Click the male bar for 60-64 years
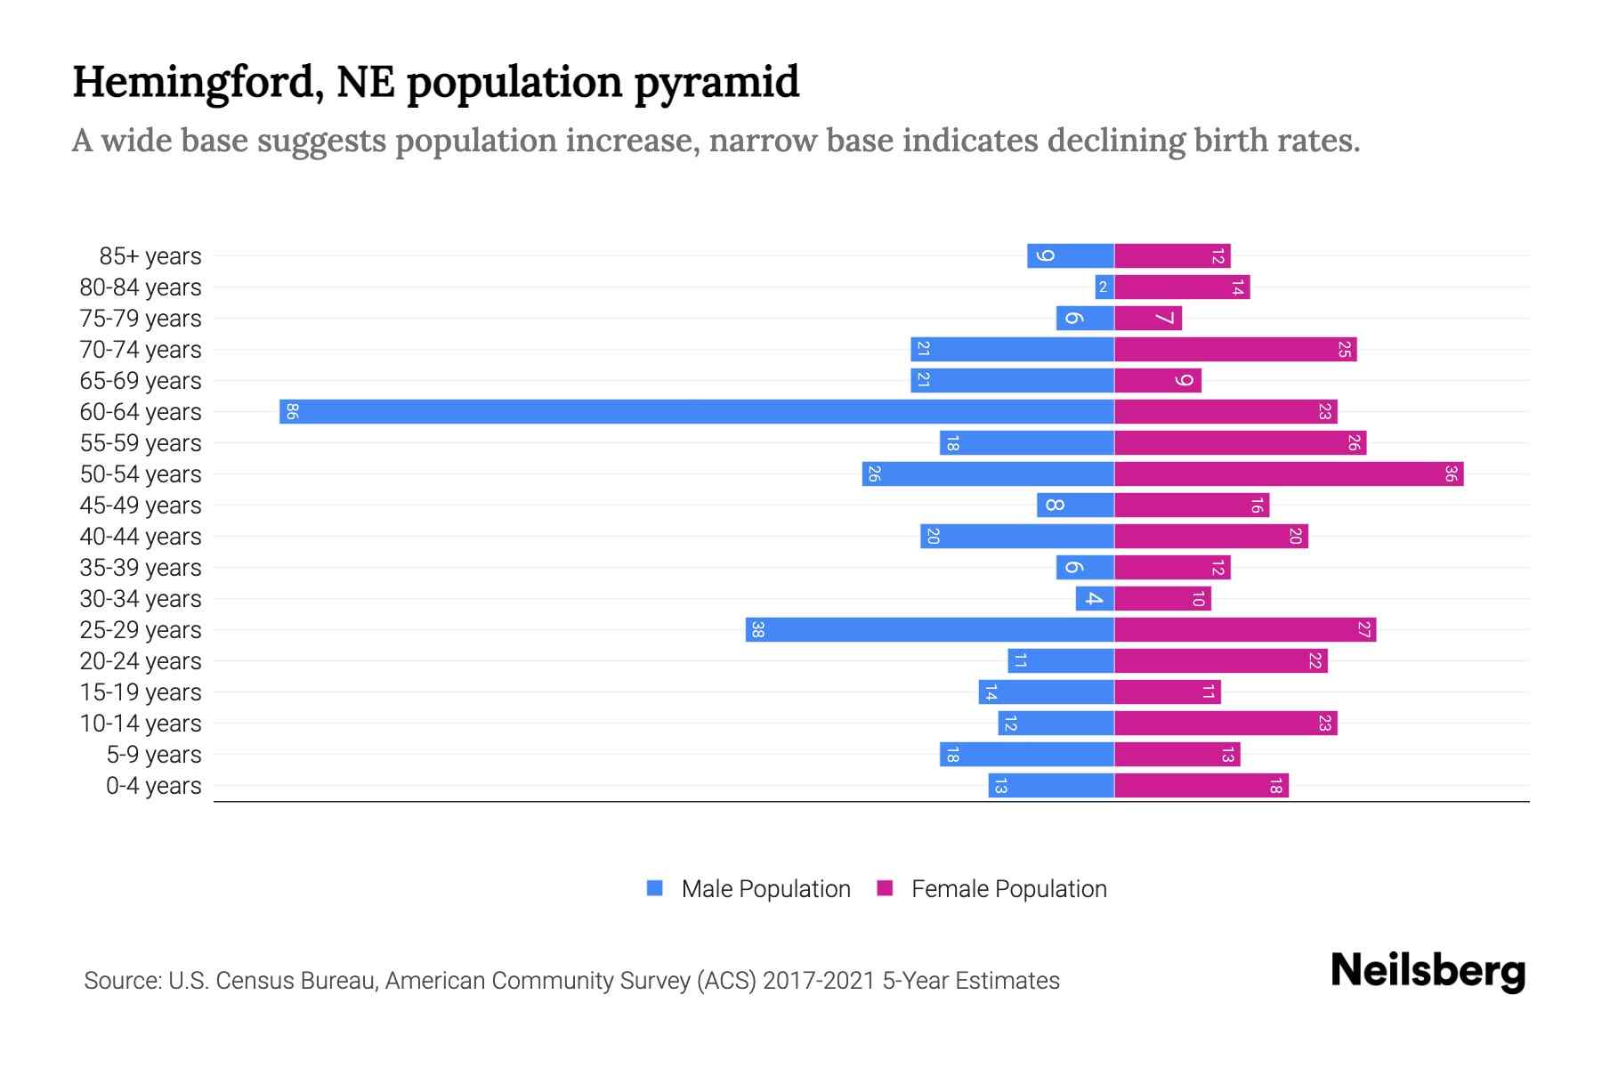pyautogui.click(x=696, y=411)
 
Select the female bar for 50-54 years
pyautogui.click(x=1288, y=473)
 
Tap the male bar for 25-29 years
pyautogui.click(x=929, y=629)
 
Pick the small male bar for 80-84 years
pyautogui.click(x=1104, y=287)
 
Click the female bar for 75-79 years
pyautogui.click(x=1148, y=318)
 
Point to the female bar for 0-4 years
pyautogui.click(x=1201, y=785)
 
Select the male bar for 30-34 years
pyautogui.click(x=1095, y=598)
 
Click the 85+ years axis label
pyautogui.click(x=150, y=256)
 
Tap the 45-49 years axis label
pyautogui.click(x=141, y=506)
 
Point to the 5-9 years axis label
pyautogui.click(x=153, y=755)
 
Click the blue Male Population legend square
pyautogui.click(x=655, y=888)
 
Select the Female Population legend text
pyautogui.click(x=1008, y=888)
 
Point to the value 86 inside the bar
pyautogui.click(x=292, y=411)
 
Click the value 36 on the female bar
pyautogui.click(x=1451, y=473)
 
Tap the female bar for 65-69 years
pyautogui.click(x=1157, y=380)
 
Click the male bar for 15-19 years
pyautogui.click(x=1046, y=692)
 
